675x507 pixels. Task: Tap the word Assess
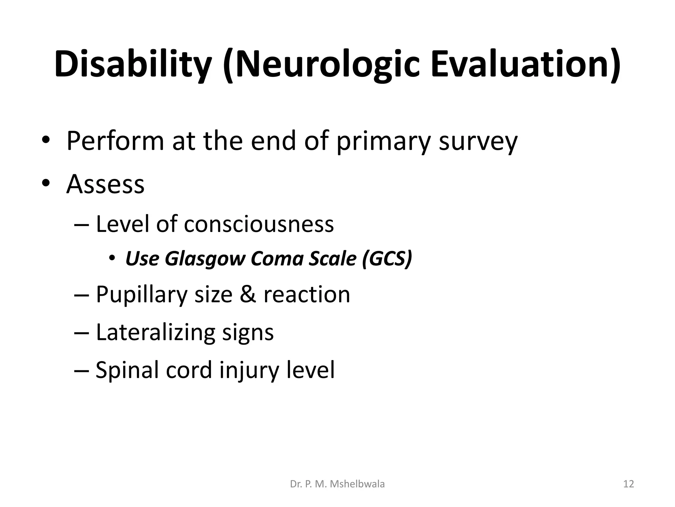[x=105, y=184]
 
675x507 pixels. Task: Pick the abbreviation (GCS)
[x=387, y=258]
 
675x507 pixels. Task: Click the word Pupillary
[x=141, y=295]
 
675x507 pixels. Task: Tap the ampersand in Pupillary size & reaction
[x=248, y=294]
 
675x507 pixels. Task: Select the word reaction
[x=307, y=294]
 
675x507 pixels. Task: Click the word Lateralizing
[x=155, y=332]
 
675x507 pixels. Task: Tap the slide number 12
[x=629, y=484]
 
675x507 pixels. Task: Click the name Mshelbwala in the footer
[x=357, y=484]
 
